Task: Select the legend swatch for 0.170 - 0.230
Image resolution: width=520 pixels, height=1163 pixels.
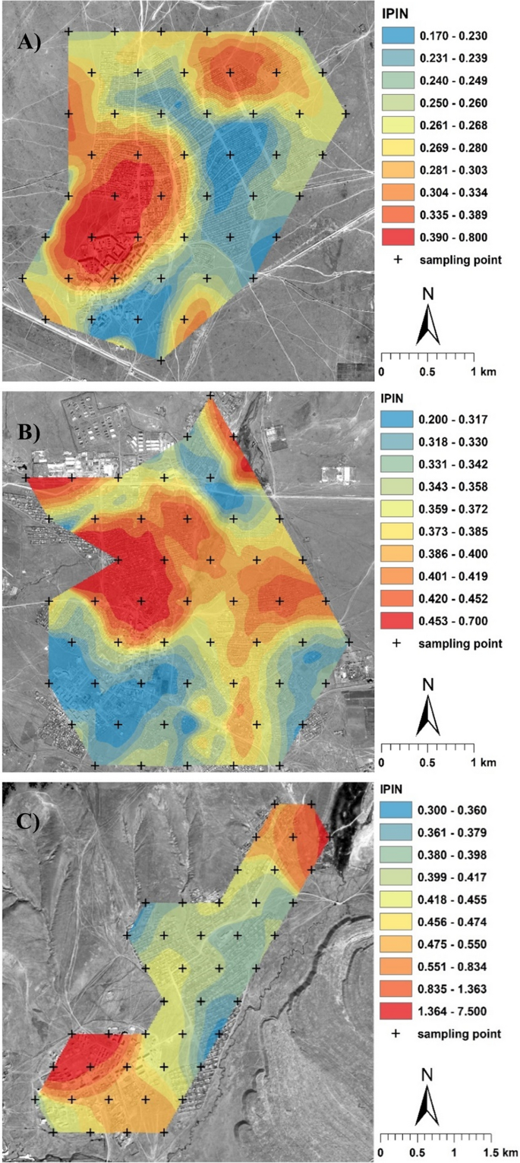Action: point(395,36)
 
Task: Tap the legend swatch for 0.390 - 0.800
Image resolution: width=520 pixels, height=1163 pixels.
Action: point(395,237)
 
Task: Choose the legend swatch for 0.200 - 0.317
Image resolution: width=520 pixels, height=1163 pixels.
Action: point(395,419)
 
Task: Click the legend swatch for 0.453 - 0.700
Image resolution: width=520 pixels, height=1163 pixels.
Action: point(395,620)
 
